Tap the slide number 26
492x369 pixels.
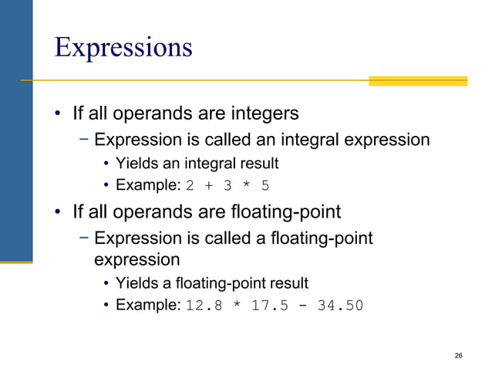coord(459,355)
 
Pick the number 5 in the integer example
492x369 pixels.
coord(266,186)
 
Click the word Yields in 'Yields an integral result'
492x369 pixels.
coord(136,164)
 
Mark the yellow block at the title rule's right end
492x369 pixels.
coord(417,80)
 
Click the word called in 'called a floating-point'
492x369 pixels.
coord(220,239)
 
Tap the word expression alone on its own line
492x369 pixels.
coord(136,259)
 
